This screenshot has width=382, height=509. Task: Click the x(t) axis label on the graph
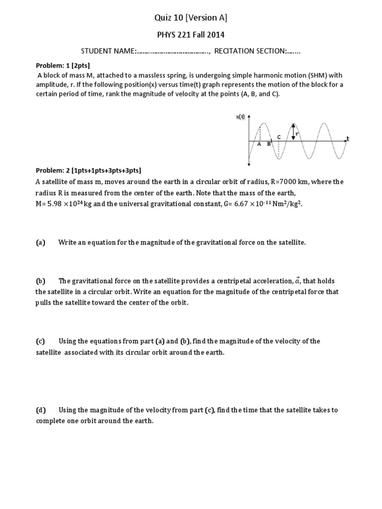click(240, 117)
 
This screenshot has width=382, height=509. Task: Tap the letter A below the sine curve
click(259, 144)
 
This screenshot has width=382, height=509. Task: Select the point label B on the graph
click(269, 144)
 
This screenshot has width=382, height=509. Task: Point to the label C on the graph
click(279, 137)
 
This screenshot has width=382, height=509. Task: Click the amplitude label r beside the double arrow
click(297, 133)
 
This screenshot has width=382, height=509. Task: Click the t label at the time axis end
click(348, 138)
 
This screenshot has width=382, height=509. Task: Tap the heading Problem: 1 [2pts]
click(63, 66)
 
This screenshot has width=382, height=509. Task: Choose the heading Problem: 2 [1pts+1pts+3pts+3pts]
click(88, 170)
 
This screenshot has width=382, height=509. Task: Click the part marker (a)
click(40, 243)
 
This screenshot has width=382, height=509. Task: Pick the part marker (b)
click(40, 281)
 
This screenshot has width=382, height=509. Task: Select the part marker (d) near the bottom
click(40, 410)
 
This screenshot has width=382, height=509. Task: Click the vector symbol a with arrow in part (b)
click(297, 280)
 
